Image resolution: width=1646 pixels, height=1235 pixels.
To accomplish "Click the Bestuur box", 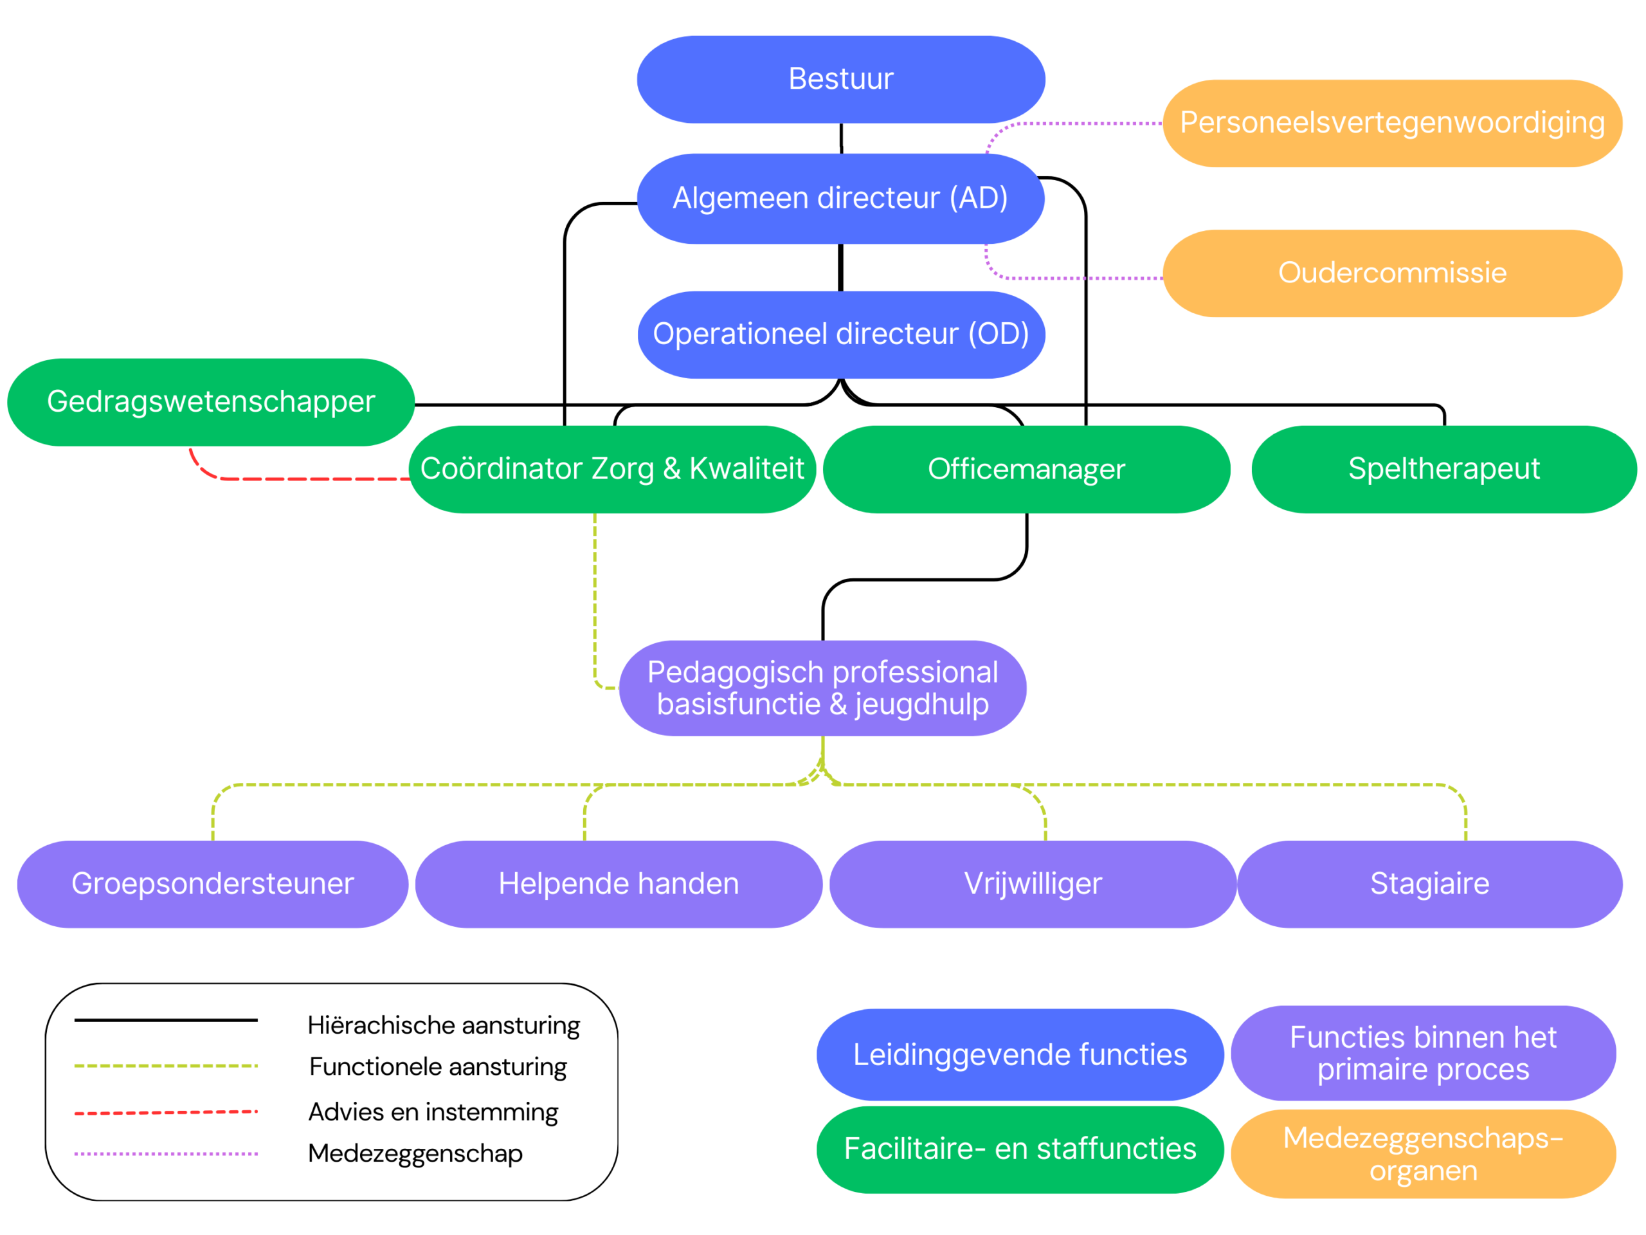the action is [841, 80].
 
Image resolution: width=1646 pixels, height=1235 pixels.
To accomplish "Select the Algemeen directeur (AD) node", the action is [841, 199].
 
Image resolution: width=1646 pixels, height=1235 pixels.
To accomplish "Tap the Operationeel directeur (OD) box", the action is [841, 335].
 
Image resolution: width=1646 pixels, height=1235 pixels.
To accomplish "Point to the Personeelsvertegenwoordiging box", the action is [1392, 123].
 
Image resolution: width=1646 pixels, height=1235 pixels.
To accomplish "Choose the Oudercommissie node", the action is [1392, 273].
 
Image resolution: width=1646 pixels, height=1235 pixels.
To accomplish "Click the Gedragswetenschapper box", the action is [212, 403].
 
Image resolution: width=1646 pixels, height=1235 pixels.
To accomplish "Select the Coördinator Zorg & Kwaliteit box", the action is [612, 470].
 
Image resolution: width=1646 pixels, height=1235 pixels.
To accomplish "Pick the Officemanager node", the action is [1027, 470].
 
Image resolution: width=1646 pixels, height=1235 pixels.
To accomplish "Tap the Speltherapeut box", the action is [1444, 470].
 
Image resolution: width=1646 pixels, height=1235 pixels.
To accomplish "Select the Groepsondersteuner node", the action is [213, 884].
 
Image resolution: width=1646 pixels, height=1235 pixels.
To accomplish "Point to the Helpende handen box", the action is [619, 884].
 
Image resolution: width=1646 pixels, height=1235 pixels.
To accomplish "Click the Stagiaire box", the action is [1430, 884].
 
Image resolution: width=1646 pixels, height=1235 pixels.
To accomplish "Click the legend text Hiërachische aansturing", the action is [444, 1026].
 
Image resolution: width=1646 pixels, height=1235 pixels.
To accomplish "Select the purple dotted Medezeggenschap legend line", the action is [166, 1154].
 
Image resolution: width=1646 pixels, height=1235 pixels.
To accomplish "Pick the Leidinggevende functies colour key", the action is [1020, 1055].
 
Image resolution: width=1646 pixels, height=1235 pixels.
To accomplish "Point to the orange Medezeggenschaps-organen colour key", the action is [1424, 1155].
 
